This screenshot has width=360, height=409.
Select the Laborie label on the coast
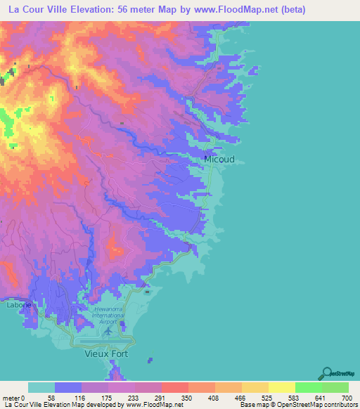(16, 305)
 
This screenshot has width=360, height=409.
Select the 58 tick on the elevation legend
(50, 398)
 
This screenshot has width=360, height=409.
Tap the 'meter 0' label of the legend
(13, 398)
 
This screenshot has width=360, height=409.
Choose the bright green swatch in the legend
(308, 387)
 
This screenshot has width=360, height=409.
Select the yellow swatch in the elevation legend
(281, 387)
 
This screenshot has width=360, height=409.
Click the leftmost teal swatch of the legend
(41, 387)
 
